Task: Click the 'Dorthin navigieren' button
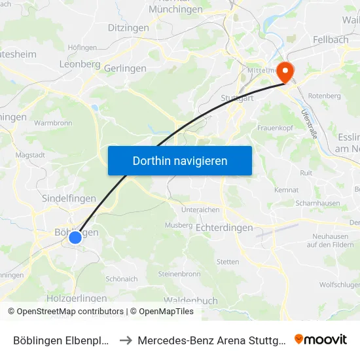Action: [x=180, y=160]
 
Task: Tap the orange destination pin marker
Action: [x=286, y=71]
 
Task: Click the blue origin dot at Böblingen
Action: [x=75, y=237]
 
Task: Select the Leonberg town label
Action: [x=80, y=64]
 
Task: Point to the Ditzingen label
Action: [x=128, y=28]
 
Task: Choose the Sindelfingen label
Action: [x=69, y=198]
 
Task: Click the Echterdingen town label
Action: [x=225, y=227]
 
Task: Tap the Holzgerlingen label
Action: [x=77, y=298]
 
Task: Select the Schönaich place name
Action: [x=121, y=278]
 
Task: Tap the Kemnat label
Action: [x=287, y=190]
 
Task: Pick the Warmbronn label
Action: [x=52, y=122]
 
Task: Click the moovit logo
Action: [x=321, y=340]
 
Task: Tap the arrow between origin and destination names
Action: [x=126, y=340]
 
